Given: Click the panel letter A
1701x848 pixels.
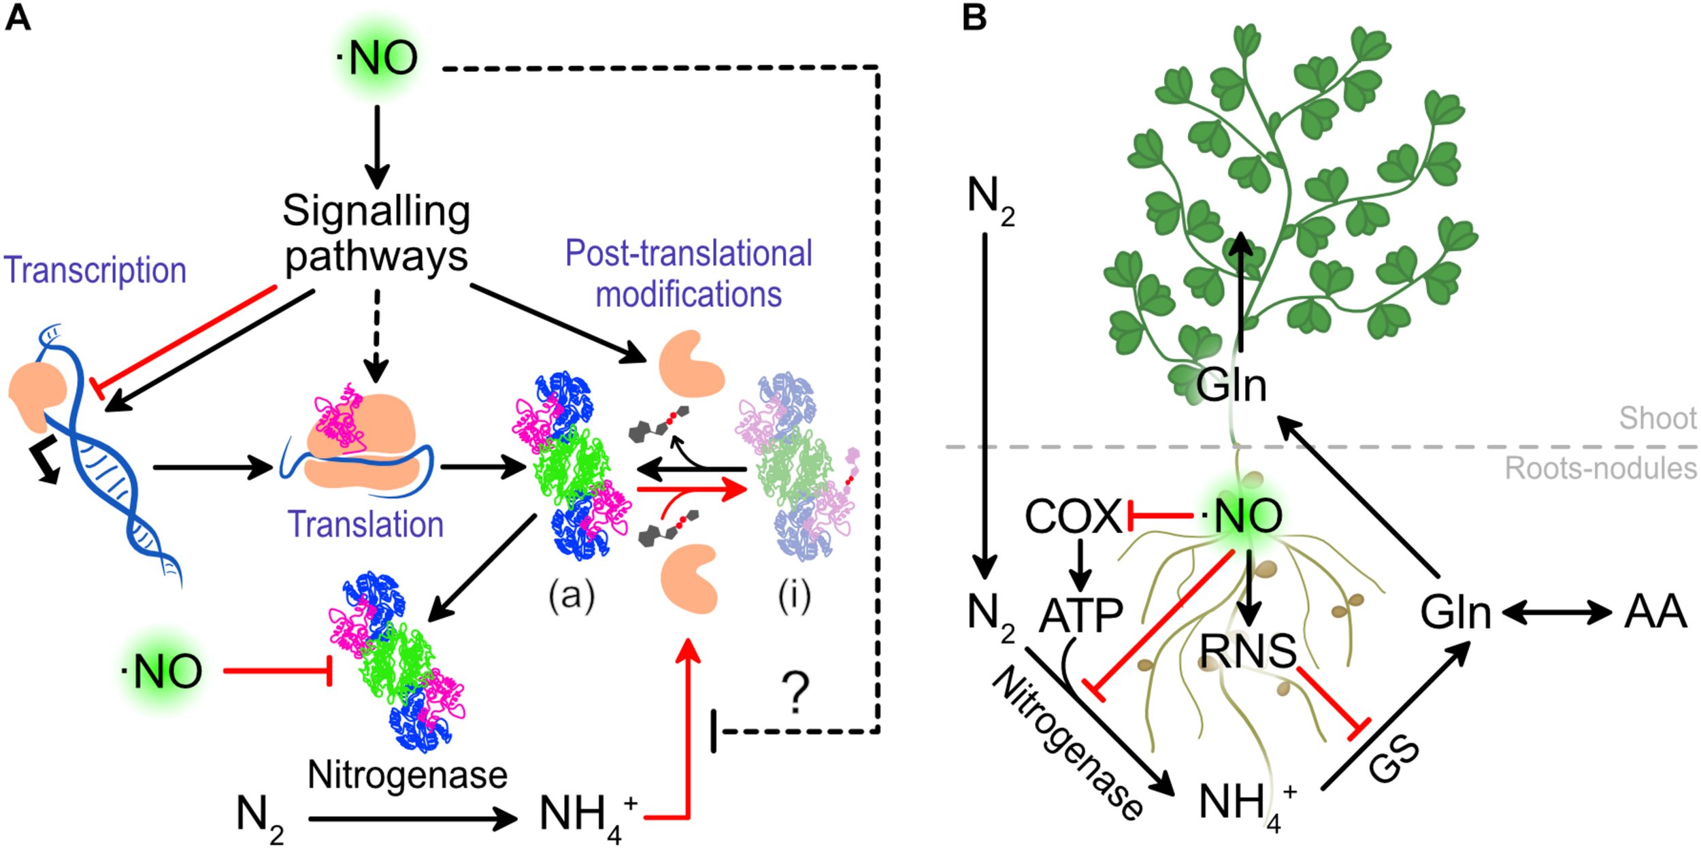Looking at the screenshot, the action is [18, 18].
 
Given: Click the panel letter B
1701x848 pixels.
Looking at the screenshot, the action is [974, 18].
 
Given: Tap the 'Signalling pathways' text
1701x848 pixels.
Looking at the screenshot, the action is [376, 233].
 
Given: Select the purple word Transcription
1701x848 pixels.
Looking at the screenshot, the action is [95, 270].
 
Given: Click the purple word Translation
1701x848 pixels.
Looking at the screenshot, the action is [365, 525].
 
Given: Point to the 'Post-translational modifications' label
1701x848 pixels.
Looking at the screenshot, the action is [689, 274].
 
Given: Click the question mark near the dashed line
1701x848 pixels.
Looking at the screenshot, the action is [795, 693].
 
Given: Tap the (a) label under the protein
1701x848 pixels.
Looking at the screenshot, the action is [572, 596].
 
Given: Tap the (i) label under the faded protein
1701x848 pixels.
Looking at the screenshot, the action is [795, 596].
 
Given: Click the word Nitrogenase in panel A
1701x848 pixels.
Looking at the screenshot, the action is [408, 774].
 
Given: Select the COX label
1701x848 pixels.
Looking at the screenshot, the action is [1073, 517].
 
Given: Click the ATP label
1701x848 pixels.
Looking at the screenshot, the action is [1080, 615].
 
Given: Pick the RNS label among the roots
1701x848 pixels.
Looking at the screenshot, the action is [1248, 651].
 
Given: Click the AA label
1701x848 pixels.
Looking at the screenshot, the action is [1655, 612].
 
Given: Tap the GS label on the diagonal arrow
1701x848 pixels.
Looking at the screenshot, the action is [1394, 760].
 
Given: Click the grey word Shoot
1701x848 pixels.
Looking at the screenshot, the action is [1657, 418].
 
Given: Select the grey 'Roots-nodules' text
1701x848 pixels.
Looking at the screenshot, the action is [1600, 468].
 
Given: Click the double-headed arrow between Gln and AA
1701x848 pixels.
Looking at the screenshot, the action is [1557, 613].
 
